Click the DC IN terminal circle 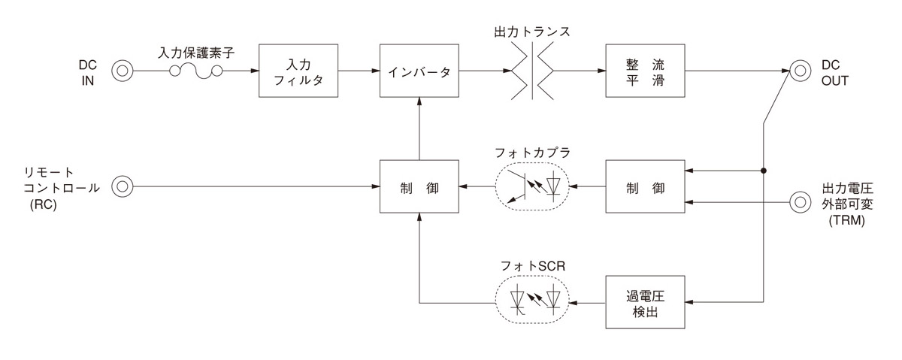(x=122, y=71)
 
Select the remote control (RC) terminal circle (x=122, y=186)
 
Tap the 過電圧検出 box (x=646, y=302)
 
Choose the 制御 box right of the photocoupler (x=646, y=186)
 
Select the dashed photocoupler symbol (x=532, y=186)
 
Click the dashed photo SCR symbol (x=532, y=301)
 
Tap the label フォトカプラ (x=532, y=153)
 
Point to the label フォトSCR (x=532, y=267)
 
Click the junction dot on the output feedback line (x=763, y=171)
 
